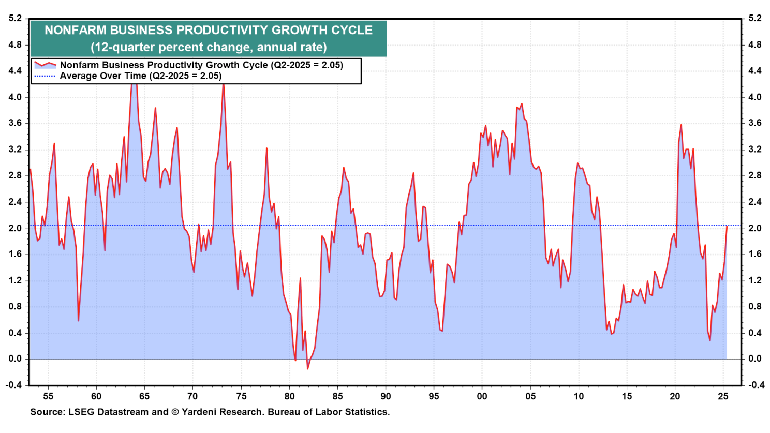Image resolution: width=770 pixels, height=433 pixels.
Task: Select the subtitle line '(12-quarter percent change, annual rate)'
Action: point(209,47)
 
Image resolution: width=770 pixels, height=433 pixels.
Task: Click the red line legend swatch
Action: point(45,65)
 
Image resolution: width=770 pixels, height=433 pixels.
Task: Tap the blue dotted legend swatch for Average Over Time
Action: point(45,76)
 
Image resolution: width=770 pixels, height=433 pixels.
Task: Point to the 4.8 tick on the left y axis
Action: point(15,45)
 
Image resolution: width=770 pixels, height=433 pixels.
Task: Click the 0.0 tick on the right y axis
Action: point(754,359)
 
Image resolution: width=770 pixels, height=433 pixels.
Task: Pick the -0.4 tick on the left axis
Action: point(14,385)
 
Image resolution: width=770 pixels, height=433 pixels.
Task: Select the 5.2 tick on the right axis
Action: point(754,19)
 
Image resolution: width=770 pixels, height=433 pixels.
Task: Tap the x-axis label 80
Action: point(289,397)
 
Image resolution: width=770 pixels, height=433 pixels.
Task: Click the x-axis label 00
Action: point(482,397)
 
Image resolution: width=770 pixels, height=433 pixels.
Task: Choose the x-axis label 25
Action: point(723,397)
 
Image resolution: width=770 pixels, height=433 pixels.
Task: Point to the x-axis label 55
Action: point(48,397)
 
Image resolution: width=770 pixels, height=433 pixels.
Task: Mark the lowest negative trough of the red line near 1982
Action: point(307,369)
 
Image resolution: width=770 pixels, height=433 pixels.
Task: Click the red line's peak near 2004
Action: point(521,104)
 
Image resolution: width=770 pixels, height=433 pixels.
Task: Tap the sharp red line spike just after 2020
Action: point(681,125)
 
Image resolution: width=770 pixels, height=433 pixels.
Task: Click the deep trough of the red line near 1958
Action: point(78,321)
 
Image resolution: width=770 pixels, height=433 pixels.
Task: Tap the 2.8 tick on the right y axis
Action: point(754,176)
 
